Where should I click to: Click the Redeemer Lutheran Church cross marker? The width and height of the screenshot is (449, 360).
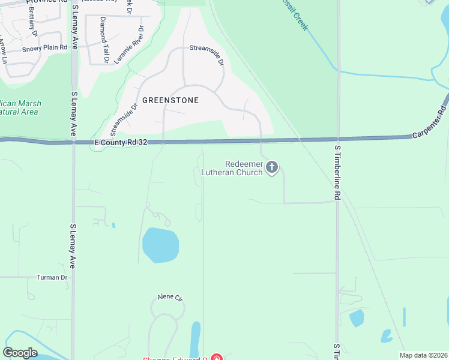pos(272,167)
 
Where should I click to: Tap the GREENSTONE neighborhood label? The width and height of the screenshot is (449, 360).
pos(170,100)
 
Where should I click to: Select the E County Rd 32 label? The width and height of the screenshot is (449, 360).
pos(121,143)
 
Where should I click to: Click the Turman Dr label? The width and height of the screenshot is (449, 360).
pos(52,277)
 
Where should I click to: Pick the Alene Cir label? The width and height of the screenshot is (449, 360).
pos(169,297)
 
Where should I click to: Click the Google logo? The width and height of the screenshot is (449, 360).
pos(20,353)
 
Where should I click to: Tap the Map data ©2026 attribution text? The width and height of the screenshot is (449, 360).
pos(424,355)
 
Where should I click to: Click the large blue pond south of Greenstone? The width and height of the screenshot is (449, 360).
pos(160,245)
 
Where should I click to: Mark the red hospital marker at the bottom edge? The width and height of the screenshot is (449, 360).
pos(216,358)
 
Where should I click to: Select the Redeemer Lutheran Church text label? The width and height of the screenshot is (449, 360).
pos(243,168)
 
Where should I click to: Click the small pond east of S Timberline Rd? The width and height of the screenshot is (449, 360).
pos(356,317)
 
